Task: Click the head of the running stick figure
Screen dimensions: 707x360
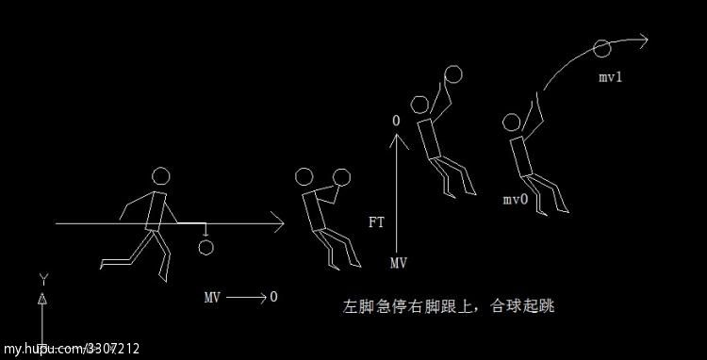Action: [162, 176]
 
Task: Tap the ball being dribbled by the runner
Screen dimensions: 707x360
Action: [206, 246]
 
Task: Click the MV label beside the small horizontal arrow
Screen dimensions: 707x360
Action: [213, 297]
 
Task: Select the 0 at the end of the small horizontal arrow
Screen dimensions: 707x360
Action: [273, 297]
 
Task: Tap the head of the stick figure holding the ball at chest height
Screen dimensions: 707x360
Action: [304, 176]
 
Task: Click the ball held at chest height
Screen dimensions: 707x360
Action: [341, 176]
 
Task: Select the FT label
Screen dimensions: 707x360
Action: [376, 222]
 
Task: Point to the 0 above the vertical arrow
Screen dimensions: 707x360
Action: [396, 122]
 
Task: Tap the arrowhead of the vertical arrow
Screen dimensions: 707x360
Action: [397, 139]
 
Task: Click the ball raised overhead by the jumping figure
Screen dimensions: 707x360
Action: [453, 74]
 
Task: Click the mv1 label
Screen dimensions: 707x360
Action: [610, 76]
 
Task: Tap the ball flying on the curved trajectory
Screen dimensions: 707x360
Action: [601, 48]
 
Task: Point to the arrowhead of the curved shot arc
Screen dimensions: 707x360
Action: [644, 41]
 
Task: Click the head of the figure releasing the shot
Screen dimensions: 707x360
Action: [512, 123]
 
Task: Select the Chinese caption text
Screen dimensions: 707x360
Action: [452, 306]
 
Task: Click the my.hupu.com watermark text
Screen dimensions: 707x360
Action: [70, 349]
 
